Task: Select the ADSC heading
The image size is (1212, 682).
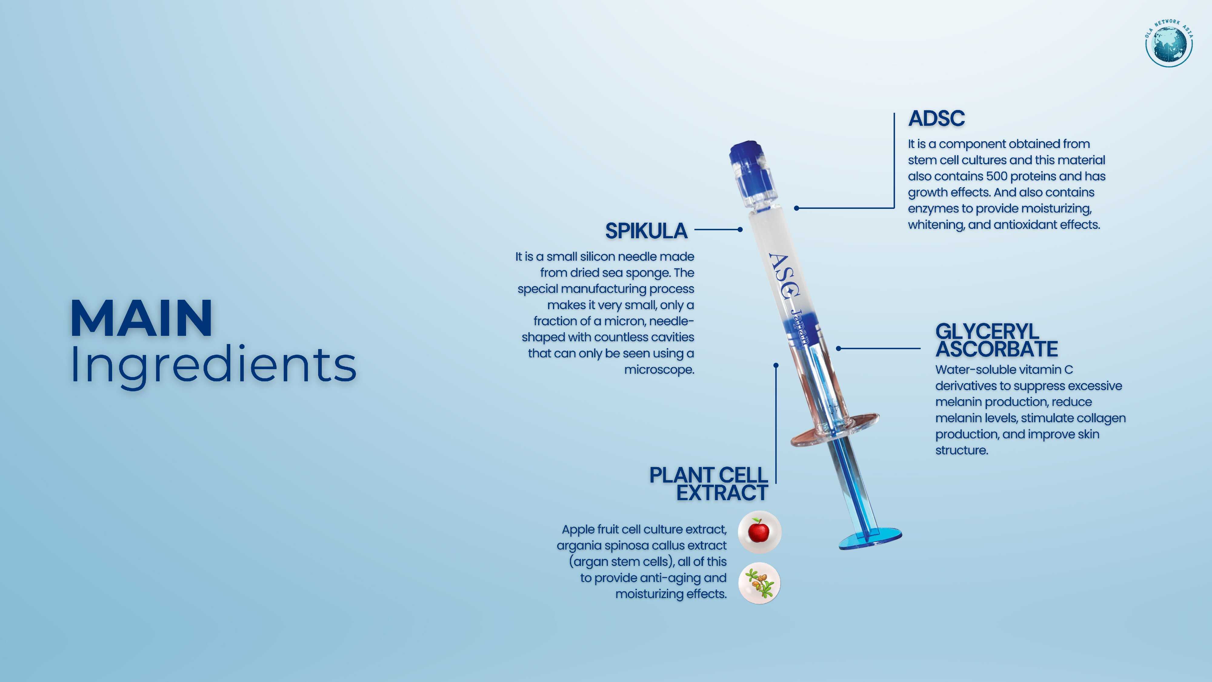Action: tap(936, 118)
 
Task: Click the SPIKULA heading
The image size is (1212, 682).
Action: tap(646, 231)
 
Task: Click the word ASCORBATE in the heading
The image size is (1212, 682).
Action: tap(997, 349)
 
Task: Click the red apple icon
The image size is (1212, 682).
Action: tap(759, 531)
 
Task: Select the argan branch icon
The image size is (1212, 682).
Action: tap(759, 583)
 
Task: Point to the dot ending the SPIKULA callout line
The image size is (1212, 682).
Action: tap(740, 230)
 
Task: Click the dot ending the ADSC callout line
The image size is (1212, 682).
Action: tap(797, 208)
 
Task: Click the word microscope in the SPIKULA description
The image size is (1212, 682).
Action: tap(659, 370)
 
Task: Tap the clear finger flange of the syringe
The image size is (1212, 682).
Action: tap(834, 429)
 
